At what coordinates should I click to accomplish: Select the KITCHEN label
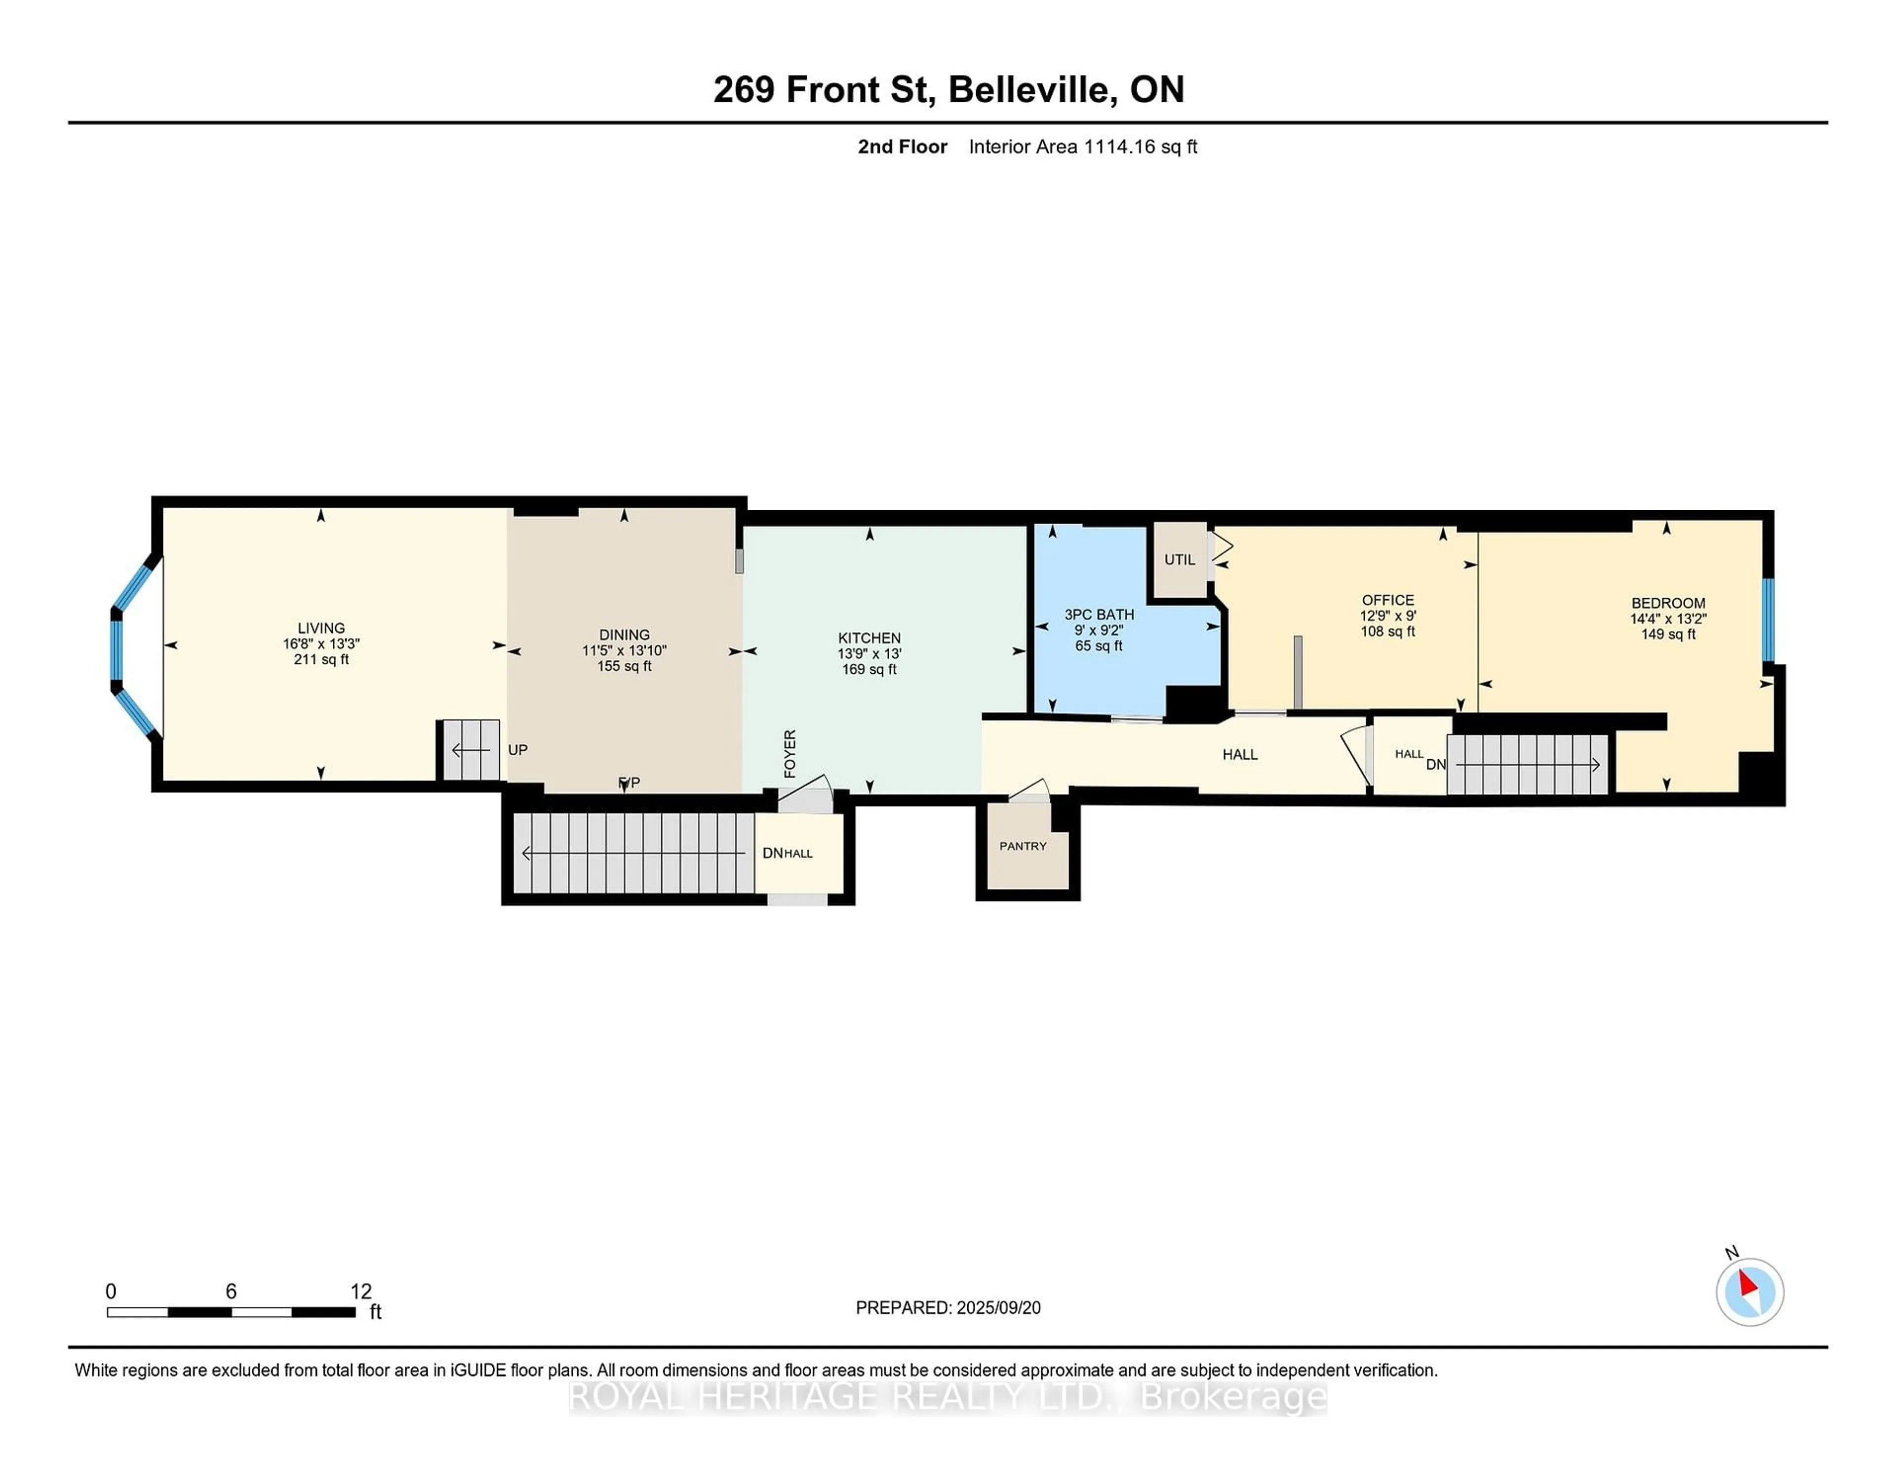click(x=869, y=638)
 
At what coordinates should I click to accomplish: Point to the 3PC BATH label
click(x=1099, y=614)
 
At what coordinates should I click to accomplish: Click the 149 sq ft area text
click(x=1668, y=634)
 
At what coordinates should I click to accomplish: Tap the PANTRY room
click(x=1023, y=846)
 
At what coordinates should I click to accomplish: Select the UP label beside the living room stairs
click(x=517, y=749)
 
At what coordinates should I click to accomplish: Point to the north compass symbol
click(x=1749, y=1292)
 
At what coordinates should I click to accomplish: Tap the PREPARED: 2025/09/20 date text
click(x=948, y=1307)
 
